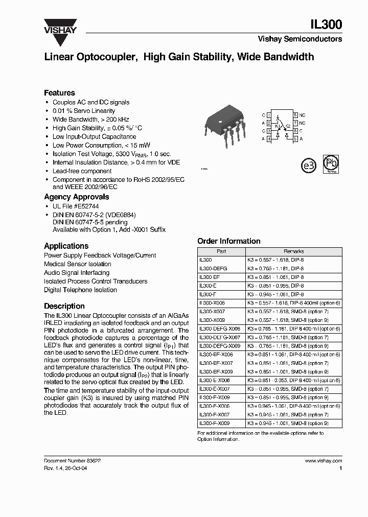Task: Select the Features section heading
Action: tap(59, 93)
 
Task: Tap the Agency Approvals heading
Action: tap(76, 197)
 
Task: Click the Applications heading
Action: tap(66, 246)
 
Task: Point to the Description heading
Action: tap(64, 306)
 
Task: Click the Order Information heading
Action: tap(228, 241)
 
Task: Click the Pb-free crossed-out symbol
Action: tap(331, 165)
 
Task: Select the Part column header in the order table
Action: tap(221, 251)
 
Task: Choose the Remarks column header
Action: tap(293, 251)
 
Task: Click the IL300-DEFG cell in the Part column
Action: tap(213, 268)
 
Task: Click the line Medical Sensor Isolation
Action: tap(77, 264)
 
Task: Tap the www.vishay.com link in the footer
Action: tap(323, 460)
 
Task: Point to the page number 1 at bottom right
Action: tap(340, 468)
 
